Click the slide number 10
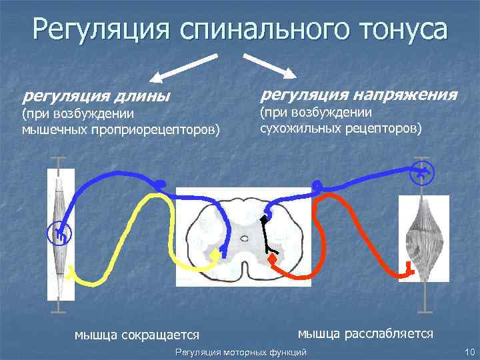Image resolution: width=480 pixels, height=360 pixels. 468,351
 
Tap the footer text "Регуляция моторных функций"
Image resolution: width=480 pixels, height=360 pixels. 240,351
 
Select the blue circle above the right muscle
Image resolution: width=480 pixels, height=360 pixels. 421,174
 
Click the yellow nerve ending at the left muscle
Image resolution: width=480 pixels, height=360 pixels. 69,272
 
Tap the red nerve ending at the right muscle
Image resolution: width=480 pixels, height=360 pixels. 408,269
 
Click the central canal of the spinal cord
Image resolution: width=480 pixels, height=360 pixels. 245,237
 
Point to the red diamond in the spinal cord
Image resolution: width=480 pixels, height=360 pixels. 272,257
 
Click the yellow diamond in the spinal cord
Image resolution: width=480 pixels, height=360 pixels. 215,255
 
